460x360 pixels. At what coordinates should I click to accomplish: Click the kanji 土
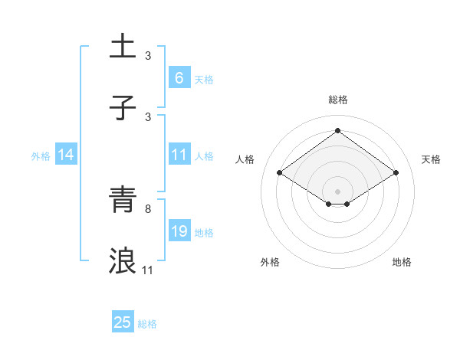coord(123,45)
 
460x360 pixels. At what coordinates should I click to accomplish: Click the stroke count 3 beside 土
coord(148,55)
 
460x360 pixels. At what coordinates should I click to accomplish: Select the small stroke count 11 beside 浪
coord(148,270)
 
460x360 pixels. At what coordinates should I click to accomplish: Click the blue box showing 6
coord(179,77)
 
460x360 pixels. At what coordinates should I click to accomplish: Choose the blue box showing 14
coord(66,155)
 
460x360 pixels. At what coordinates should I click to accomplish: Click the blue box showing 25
coord(123,322)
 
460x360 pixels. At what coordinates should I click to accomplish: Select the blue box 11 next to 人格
coord(179,155)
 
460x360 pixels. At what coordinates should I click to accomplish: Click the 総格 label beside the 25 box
coord(147,324)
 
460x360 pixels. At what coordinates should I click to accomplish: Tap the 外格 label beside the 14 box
coord(41,155)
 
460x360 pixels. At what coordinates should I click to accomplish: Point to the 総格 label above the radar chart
coord(337,100)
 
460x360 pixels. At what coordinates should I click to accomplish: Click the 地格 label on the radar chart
coord(402,262)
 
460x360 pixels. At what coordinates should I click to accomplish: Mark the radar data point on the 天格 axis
coord(396,173)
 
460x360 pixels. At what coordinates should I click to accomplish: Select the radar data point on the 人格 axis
coord(280,173)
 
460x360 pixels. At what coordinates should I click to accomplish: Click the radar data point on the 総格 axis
coord(337,131)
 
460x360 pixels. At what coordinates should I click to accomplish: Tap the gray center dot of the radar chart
coord(337,191)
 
